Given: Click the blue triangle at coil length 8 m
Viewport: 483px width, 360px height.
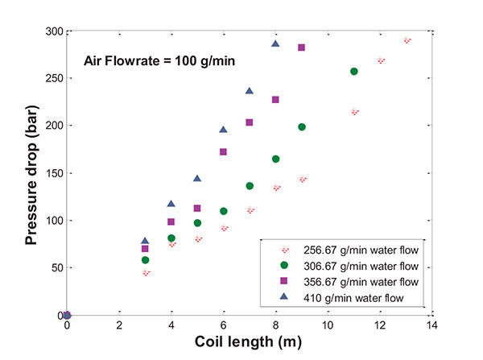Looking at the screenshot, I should pyautogui.click(x=275, y=43).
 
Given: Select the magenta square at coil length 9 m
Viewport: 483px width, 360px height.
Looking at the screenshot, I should pyautogui.click(x=302, y=48).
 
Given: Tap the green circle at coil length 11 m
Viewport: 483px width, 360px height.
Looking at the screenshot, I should pyautogui.click(x=354, y=72).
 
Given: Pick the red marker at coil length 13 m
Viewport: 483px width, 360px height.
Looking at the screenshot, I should pyautogui.click(x=407, y=39).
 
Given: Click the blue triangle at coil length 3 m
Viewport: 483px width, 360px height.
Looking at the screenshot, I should pyautogui.click(x=145, y=241).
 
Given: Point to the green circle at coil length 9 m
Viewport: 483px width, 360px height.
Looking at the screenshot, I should pyautogui.click(x=302, y=127).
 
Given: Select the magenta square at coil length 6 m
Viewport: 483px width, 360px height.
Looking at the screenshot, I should pyautogui.click(x=223, y=151).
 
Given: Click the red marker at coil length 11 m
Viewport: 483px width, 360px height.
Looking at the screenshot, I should pyautogui.click(x=354, y=113).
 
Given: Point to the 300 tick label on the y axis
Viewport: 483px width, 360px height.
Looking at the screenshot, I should pyautogui.click(x=54, y=31).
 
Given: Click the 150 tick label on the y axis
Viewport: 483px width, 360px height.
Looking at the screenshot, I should pyautogui.click(x=54, y=173).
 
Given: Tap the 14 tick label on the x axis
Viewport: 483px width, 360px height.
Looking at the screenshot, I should pyautogui.click(x=432, y=328).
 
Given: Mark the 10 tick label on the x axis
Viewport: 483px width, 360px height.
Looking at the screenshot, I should pyautogui.click(x=328, y=328).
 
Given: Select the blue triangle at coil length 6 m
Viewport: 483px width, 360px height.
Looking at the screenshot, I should pyautogui.click(x=223, y=130).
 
